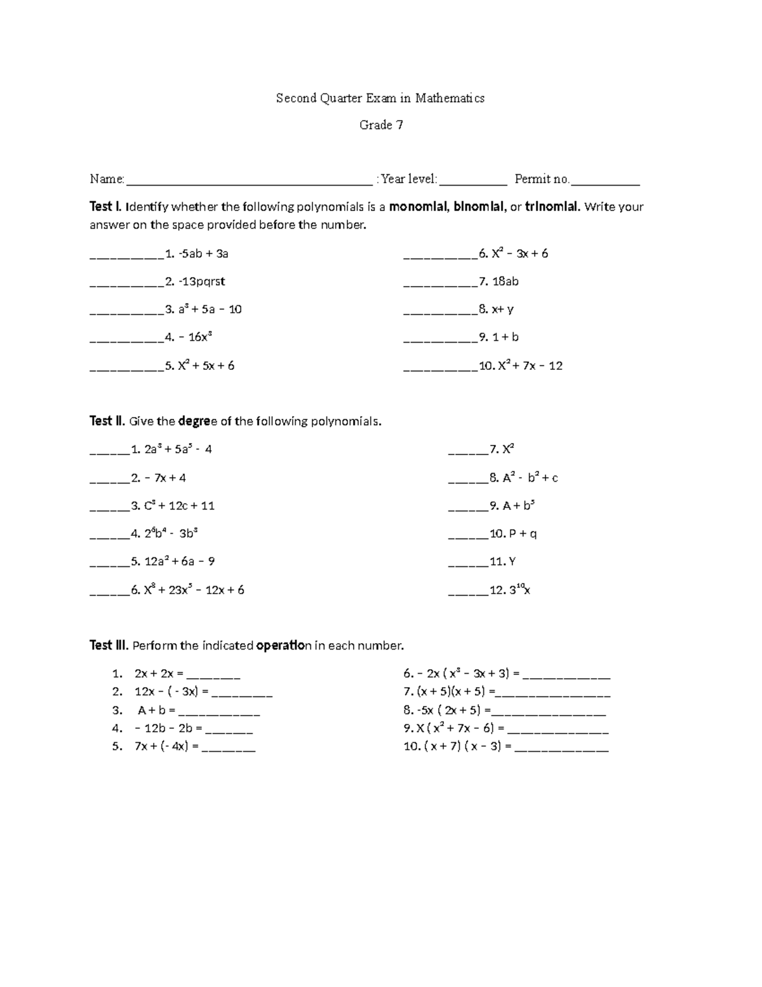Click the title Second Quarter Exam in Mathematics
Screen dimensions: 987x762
coord(380,98)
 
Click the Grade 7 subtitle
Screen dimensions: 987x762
coord(381,125)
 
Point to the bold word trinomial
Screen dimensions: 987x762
coord(552,207)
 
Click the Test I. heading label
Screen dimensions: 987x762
coord(105,207)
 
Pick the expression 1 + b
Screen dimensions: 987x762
coord(505,337)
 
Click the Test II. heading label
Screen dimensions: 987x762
coord(107,421)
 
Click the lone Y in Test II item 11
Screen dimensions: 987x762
coord(512,562)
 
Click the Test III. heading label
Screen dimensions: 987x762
coord(109,646)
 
